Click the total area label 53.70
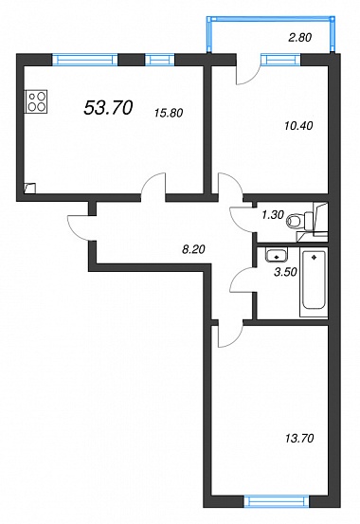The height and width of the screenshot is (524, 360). (x=108, y=108)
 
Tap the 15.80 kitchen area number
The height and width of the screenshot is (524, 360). (x=169, y=113)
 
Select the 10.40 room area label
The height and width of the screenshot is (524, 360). (x=298, y=126)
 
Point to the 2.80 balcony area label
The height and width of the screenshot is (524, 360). (x=299, y=38)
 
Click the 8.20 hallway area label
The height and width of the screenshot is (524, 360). (x=193, y=249)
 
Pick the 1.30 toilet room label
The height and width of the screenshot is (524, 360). (x=273, y=215)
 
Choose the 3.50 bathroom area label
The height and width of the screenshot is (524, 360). (x=285, y=272)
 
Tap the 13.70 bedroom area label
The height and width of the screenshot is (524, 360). (x=299, y=438)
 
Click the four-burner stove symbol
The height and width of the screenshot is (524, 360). (x=37, y=101)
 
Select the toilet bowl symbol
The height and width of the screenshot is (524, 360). (x=299, y=221)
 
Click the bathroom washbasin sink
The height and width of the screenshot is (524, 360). (x=277, y=254)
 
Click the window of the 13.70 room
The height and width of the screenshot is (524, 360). (x=276, y=501)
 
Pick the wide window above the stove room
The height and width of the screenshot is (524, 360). (x=85, y=60)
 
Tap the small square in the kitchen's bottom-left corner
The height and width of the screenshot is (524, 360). (x=29, y=188)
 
